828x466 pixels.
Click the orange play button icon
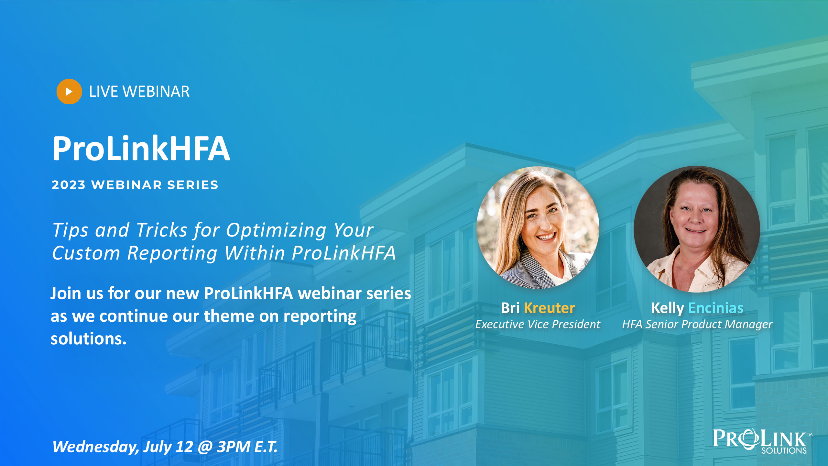[69, 92]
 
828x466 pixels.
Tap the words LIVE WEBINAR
[139, 92]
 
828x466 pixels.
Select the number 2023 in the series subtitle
[69, 185]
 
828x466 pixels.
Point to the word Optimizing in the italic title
[276, 230]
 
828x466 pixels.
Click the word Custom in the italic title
[86, 253]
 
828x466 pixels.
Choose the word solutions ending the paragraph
[88, 338]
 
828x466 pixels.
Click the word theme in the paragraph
[229, 316]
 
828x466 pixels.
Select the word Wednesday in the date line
[96, 447]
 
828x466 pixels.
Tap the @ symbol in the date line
[205, 447]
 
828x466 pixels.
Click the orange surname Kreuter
[549, 308]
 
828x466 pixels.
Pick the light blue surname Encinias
[716, 308]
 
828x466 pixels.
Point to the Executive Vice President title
[538, 324]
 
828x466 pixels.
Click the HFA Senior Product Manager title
[697, 324]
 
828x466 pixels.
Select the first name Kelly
[668, 308]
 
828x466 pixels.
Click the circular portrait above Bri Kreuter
[538, 227]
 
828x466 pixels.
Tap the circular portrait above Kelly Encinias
[697, 229]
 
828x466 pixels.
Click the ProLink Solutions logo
[762, 441]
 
